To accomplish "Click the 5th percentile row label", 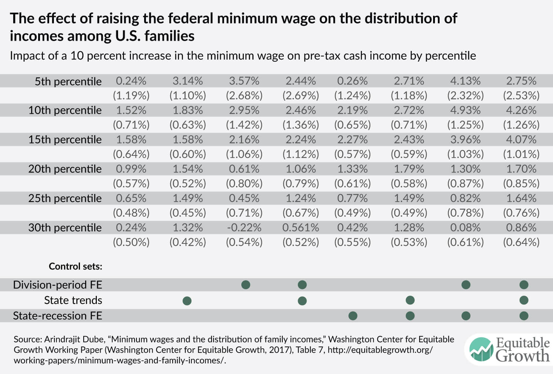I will pyautogui.click(x=68, y=81).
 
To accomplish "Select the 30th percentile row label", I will pyautogui.click(x=65, y=228).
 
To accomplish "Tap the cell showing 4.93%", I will pyautogui.click(x=465, y=110).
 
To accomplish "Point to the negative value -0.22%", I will pyautogui.click(x=244, y=228).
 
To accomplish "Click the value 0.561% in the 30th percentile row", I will pyautogui.click(x=300, y=228).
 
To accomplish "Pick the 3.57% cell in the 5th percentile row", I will pyautogui.click(x=244, y=81).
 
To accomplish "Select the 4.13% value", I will pyautogui.click(x=465, y=81).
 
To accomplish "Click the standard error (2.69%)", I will pyautogui.click(x=300, y=96).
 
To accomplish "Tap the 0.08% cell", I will pyautogui.click(x=465, y=228).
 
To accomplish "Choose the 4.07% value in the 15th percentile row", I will pyautogui.click(x=521, y=140).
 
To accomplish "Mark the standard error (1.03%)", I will pyautogui.click(x=465, y=154).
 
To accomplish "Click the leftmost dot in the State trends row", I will pyautogui.click(x=187, y=301).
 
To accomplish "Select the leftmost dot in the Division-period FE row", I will pyautogui.click(x=246, y=285).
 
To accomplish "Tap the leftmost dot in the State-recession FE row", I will pyautogui.click(x=353, y=316).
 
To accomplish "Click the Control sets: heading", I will pyautogui.click(x=75, y=267).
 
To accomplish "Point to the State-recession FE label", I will pyautogui.click(x=58, y=316).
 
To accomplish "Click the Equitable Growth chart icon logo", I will pyautogui.click(x=481, y=349).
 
